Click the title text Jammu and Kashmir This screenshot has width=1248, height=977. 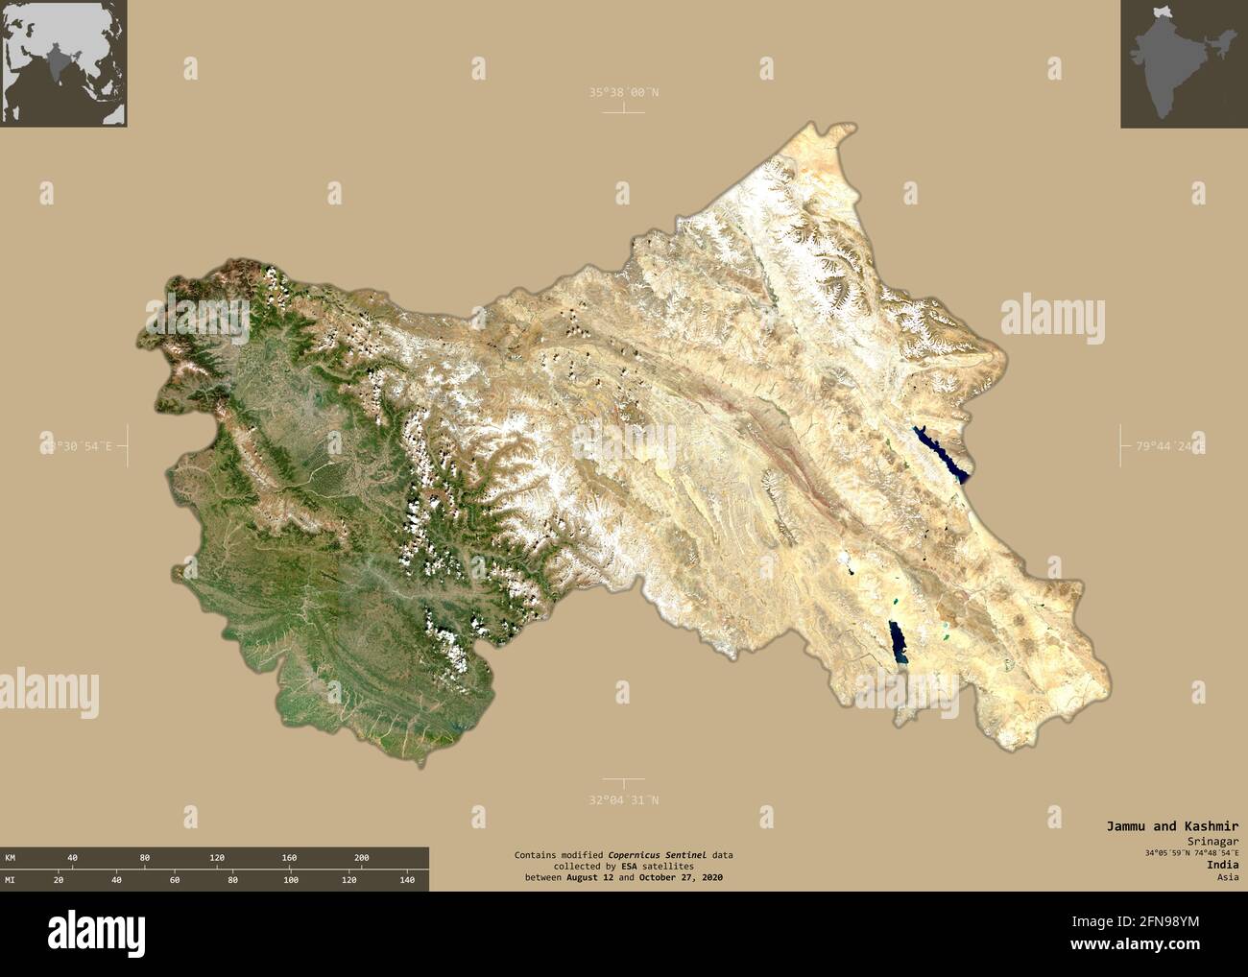click(1171, 825)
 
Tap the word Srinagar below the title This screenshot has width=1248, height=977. click(1213, 839)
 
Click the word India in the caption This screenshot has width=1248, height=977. click(1223, 865)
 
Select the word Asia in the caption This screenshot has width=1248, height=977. click(1228, 877)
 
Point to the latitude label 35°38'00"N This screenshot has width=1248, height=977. click(624, 92)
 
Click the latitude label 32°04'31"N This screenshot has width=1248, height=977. click(624, 799)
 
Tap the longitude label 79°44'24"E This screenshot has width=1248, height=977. click(1167, 446)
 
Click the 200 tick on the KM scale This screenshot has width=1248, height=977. click(361, 857)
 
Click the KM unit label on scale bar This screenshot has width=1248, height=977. click(10, 857)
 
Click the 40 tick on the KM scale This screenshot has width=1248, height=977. click(72, 857)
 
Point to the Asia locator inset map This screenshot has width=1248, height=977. click(63, 63)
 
